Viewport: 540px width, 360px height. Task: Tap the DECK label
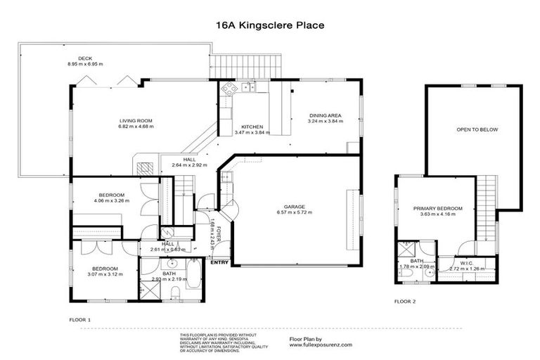pyautogui.click(x=86, y=58)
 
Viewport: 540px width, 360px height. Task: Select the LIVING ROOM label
pyautogui.click(x=136, y=122)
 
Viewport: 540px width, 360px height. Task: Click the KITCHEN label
pyautogui.click(x=252, y=127)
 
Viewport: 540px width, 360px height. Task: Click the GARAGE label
pyautogui.click(x=294, y=206)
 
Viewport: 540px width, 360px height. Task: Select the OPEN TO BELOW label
pyautogui.click(x=472, y=129)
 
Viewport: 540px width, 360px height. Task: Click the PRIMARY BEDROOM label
pyautogui.click(x=437, y=208)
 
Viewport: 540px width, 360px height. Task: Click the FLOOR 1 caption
pyautogui.click(x=80, y=320)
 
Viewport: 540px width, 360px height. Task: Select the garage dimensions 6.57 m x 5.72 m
pyautogui.click(x=294, y=212)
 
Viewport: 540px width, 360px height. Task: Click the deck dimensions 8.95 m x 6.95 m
pyautogui.click(x=86, y=64)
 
